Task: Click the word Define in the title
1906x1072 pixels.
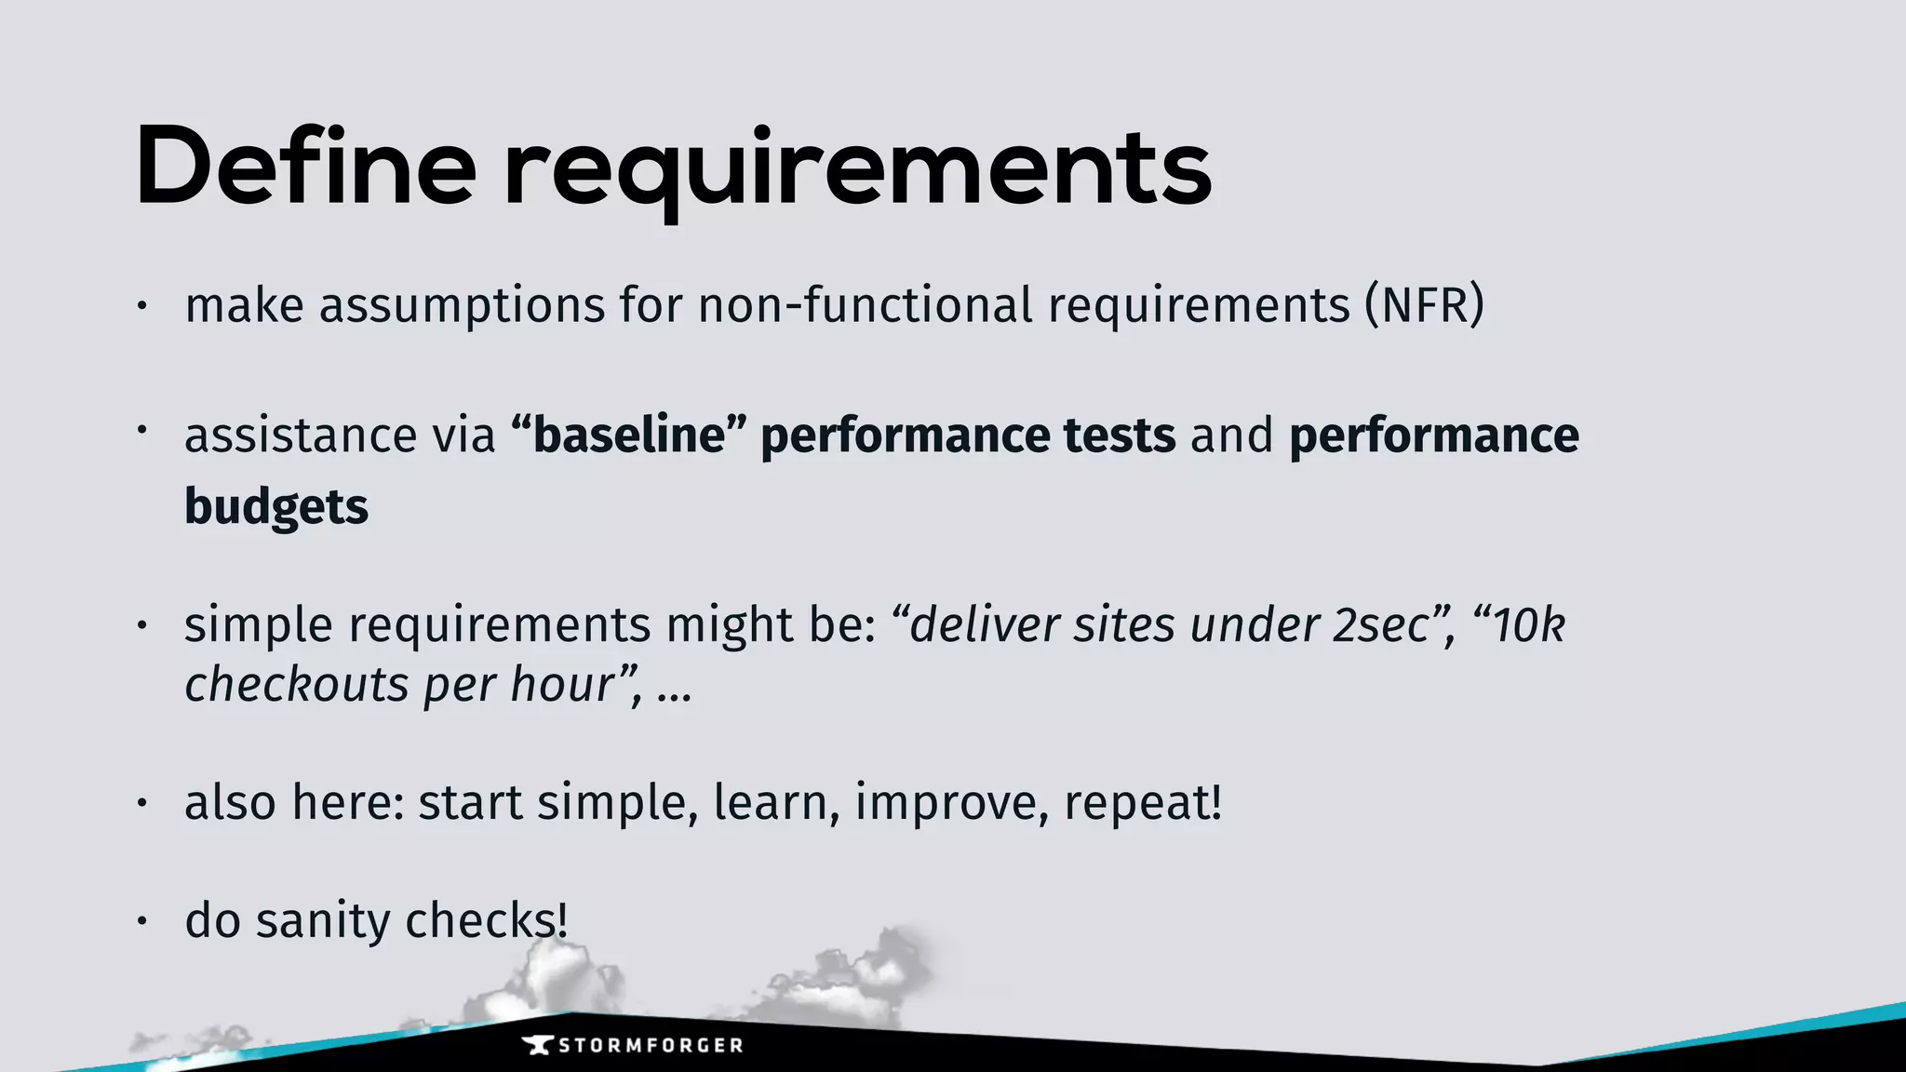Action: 305,167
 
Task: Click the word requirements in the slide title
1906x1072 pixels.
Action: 857,172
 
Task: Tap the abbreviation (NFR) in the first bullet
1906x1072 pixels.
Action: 1424,305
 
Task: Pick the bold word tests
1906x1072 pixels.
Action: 1120,435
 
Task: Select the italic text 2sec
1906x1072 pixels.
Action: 1380,624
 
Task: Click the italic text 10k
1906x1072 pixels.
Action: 1529,624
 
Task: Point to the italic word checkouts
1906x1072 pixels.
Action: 297,685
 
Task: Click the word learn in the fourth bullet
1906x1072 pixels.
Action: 771,802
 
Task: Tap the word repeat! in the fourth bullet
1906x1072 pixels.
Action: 1142,802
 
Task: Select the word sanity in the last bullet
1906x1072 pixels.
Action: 323,920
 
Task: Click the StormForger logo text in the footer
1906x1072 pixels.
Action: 651,1045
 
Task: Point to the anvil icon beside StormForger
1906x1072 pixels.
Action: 538,1045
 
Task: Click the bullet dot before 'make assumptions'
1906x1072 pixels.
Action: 141,306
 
